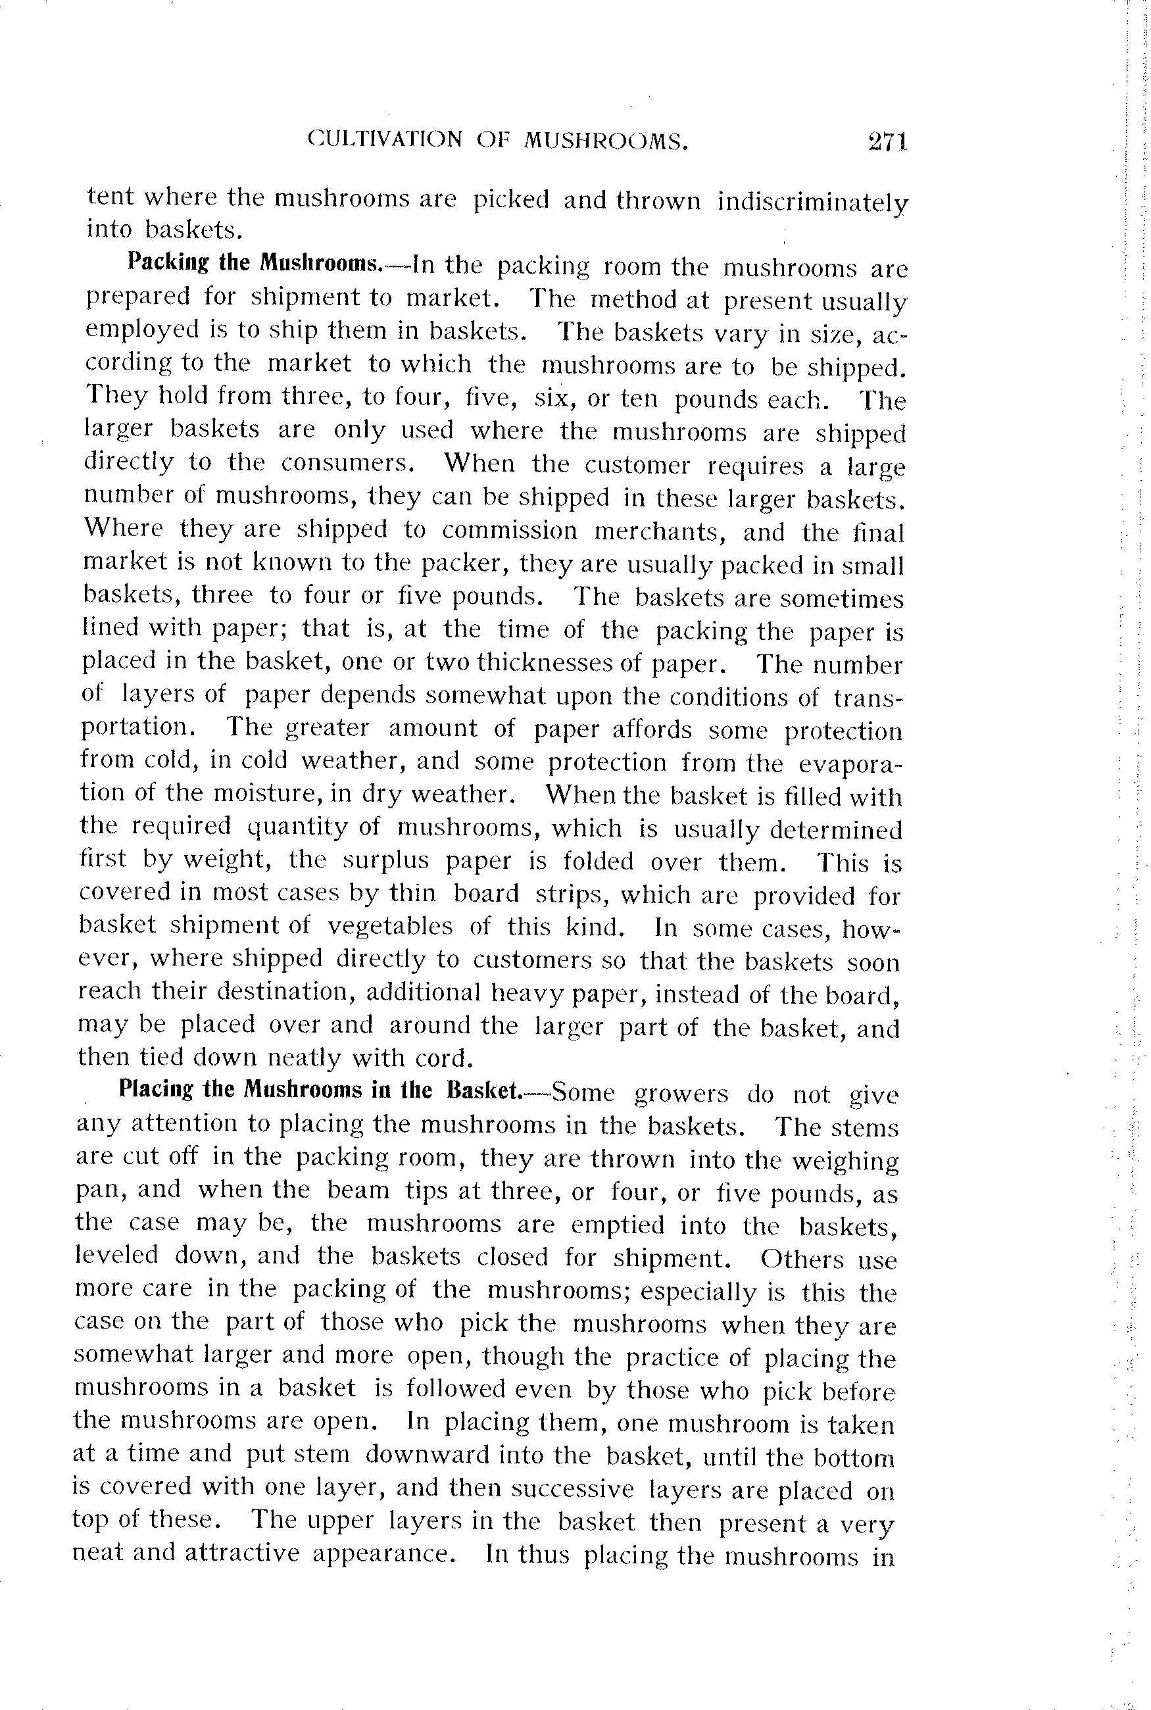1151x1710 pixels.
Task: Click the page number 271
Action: tap(888, 141)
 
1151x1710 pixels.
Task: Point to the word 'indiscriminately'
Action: tap(812, 203)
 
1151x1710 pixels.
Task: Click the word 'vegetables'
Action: tap(390, 926)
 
